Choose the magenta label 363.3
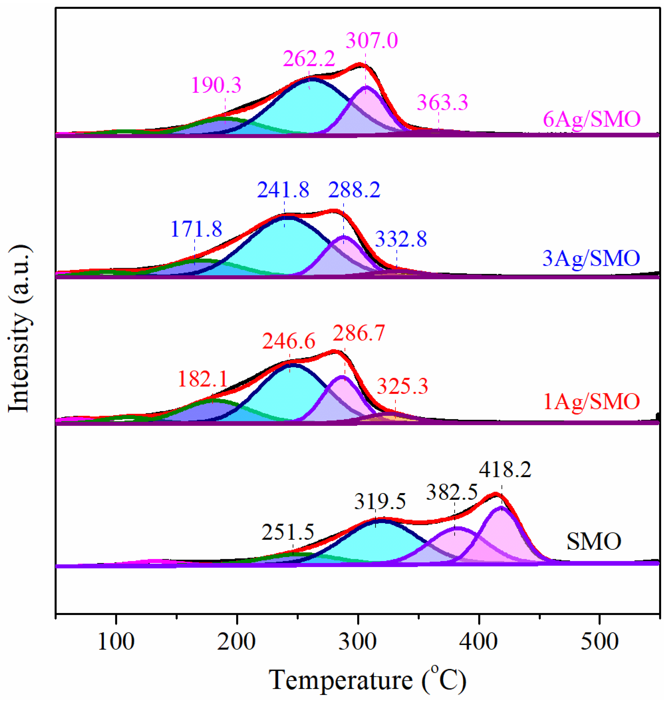click(442, 103)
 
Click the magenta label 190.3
click(216, 85)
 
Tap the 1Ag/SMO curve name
click(591, 401)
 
